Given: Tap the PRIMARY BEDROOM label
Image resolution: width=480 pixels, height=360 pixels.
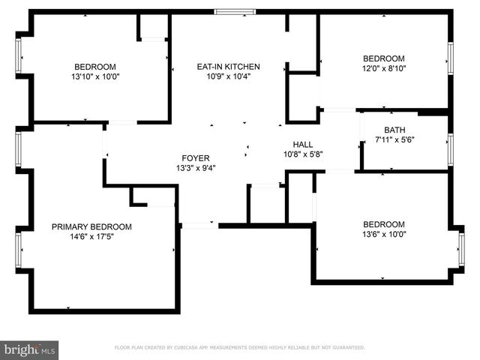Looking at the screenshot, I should point(91,226).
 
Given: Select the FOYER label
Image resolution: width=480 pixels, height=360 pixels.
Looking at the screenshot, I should point(190,157).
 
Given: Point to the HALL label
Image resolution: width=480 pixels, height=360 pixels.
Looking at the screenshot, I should point(303,144).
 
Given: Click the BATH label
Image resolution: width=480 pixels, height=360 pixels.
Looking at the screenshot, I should point(394,130).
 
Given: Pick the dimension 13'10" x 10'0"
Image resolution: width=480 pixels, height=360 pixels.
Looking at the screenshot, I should point(95,76).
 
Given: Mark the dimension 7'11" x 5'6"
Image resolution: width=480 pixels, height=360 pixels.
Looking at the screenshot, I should point(394,139).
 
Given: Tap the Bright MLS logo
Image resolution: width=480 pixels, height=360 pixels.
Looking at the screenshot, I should point(30,349).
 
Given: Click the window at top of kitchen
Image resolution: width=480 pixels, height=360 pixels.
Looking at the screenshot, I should point(234,11).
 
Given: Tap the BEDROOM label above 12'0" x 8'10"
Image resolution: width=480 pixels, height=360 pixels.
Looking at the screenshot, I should point(384,58).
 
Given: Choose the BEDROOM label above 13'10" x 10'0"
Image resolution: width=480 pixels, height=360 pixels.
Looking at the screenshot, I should point(95,66).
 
